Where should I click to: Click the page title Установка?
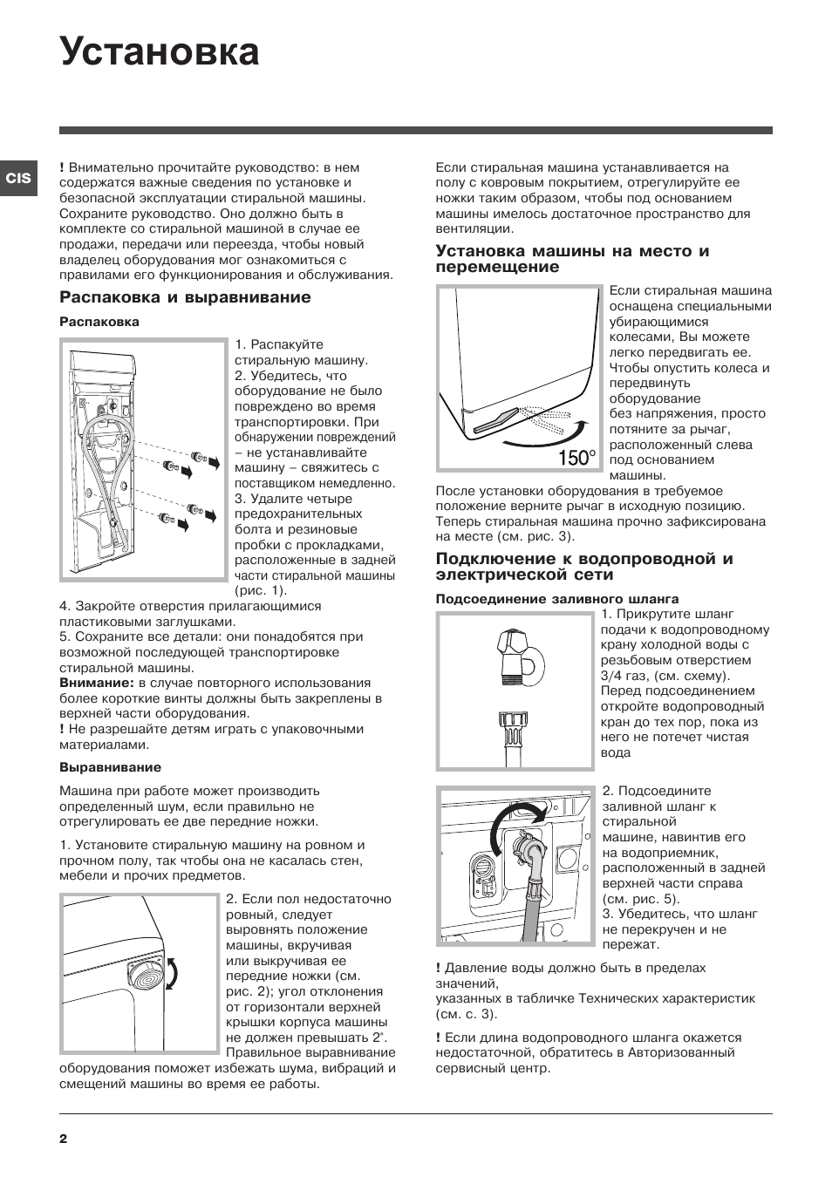(160, 52)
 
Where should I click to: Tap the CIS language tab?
(18, 178)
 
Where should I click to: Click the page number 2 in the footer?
(64, 1139)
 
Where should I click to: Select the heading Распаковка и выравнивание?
(185, 297)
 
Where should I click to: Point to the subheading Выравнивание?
(110, 767)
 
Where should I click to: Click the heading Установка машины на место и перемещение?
(572, 259)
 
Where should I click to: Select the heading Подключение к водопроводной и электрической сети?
(583, 567)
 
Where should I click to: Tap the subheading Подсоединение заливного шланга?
(556, 599)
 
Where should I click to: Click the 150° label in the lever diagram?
(576, 458)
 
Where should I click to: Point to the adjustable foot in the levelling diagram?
(146, 973)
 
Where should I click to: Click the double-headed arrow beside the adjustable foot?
(173, 973)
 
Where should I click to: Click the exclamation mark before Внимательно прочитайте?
(62, 167)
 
